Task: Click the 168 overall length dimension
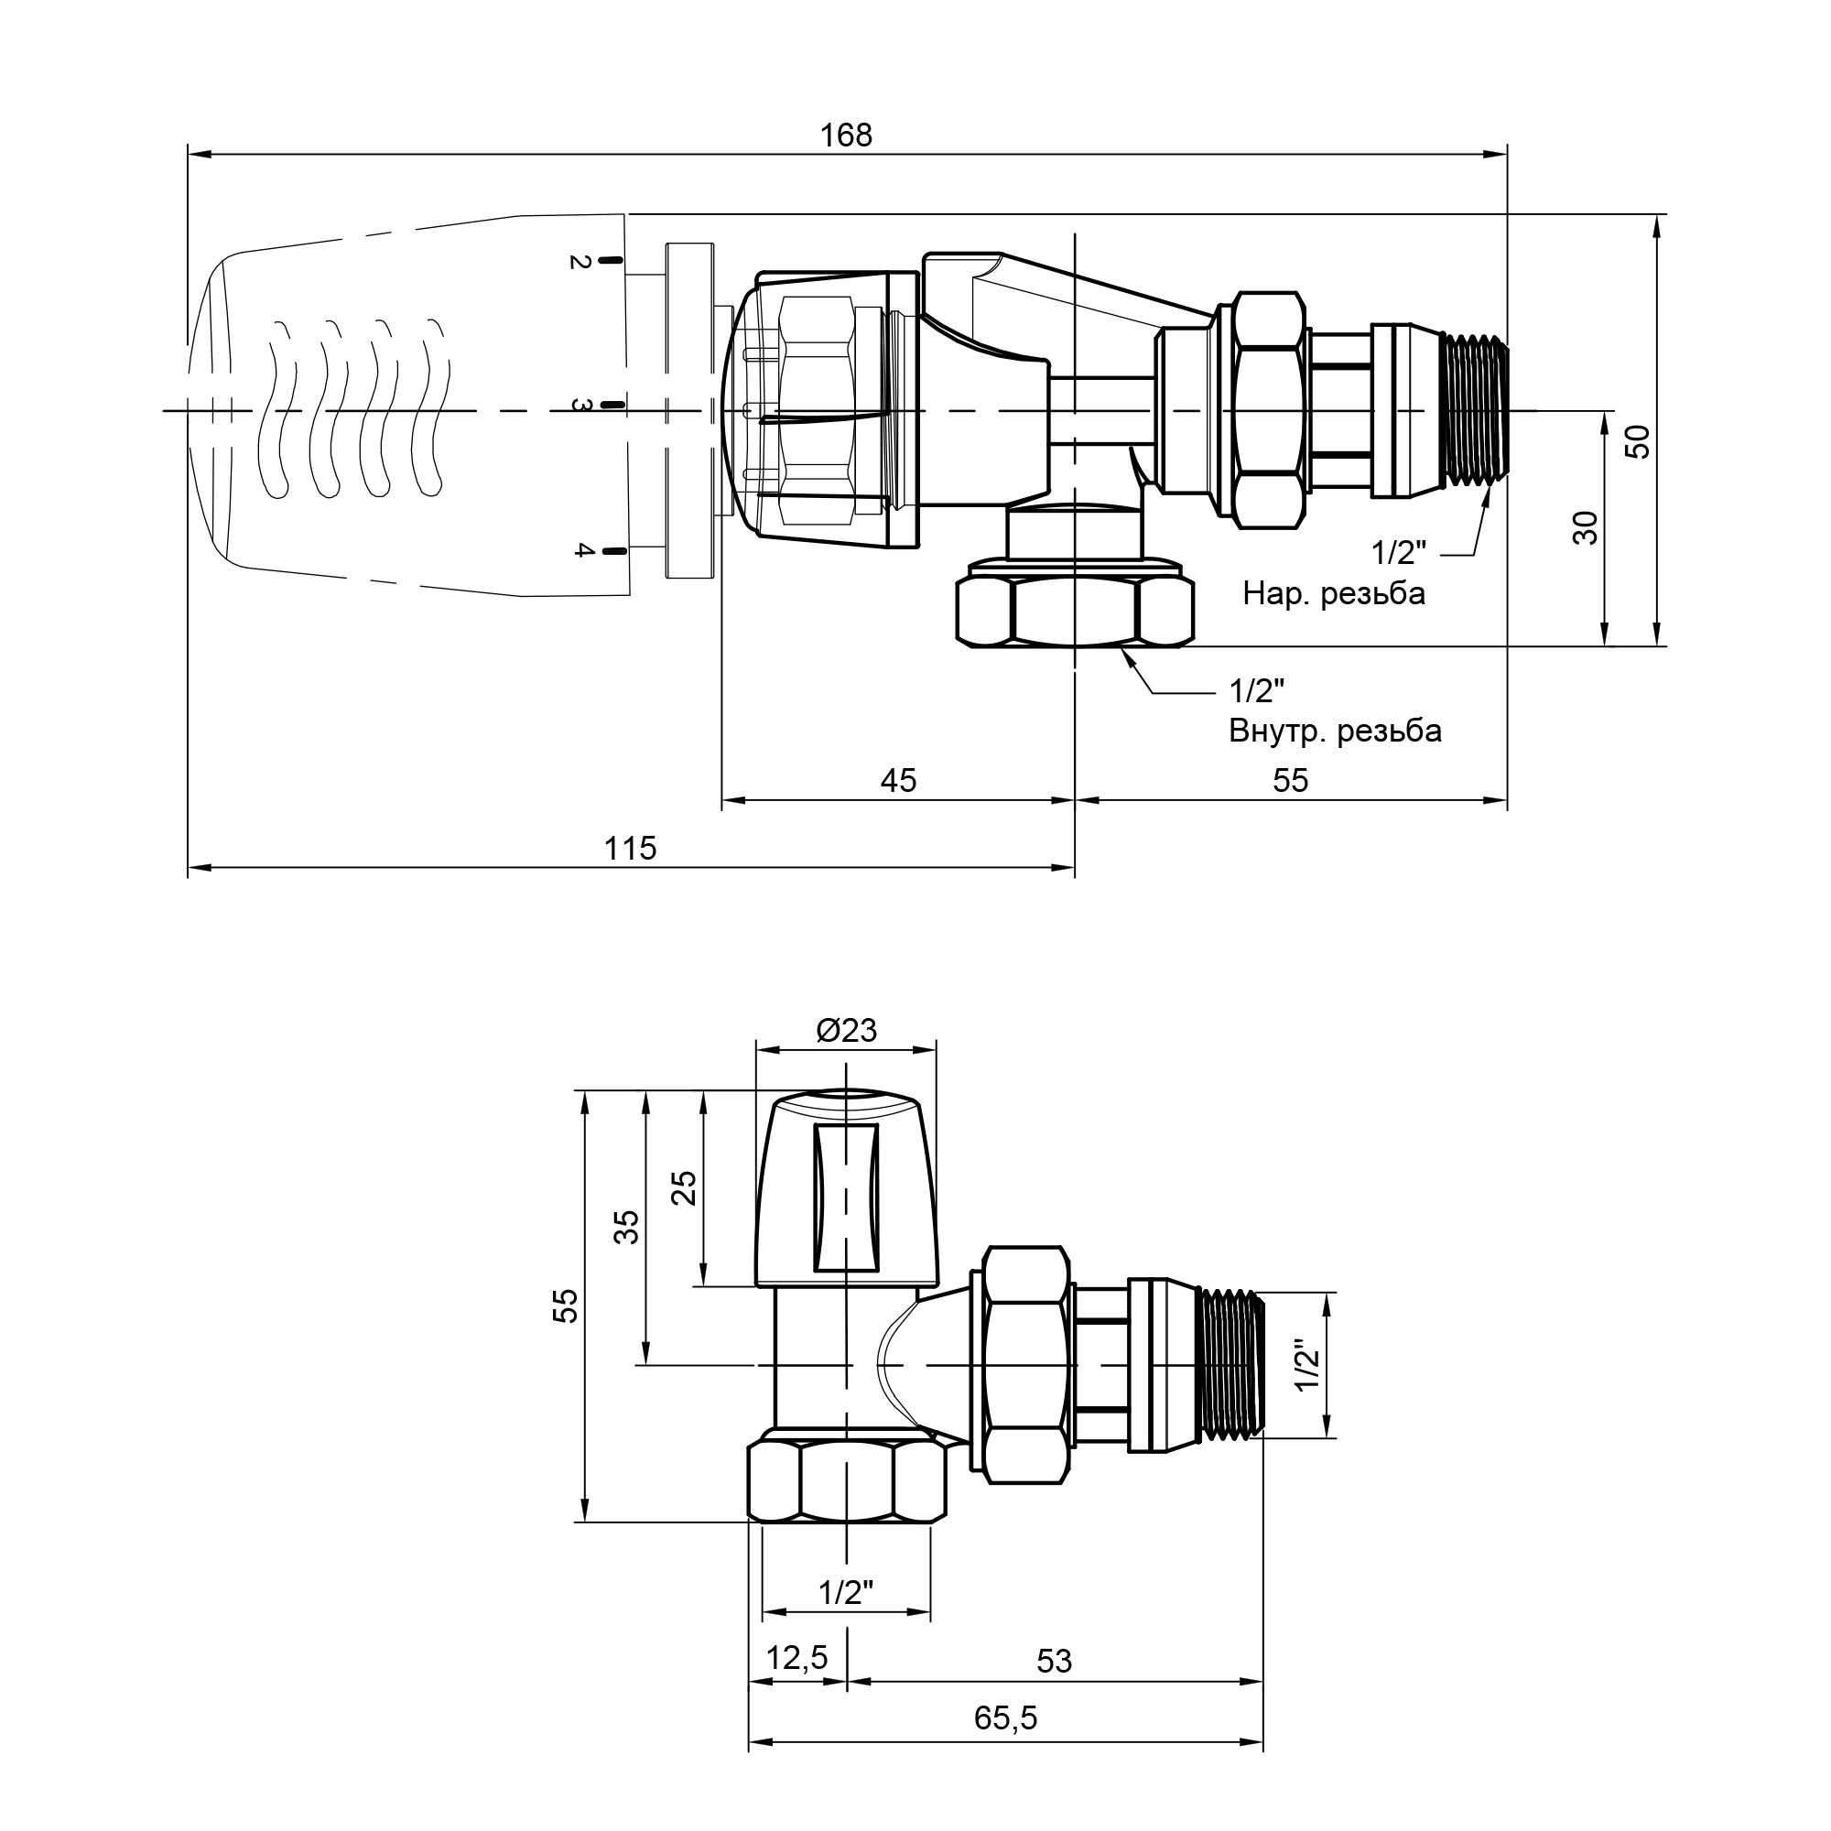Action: pos(845,135)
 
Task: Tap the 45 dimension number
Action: pos(897,780)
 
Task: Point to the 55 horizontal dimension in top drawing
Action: pos(1290,780)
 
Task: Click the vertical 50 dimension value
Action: pos(1638,442)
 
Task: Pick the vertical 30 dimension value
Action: pos(1586,528)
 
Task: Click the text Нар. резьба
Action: pos(1334,594)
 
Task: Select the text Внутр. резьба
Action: pos(1335,731)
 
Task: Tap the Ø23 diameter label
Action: pos(846,1030)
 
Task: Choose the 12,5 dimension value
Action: pos(796,1658)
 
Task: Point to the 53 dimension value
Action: pos(1054,1661)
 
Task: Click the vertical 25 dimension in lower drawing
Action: pos(684,1187)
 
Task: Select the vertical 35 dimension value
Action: pos(628,1227)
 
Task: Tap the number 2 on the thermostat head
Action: pos(580,262)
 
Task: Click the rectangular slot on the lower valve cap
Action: pos(844,1197)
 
